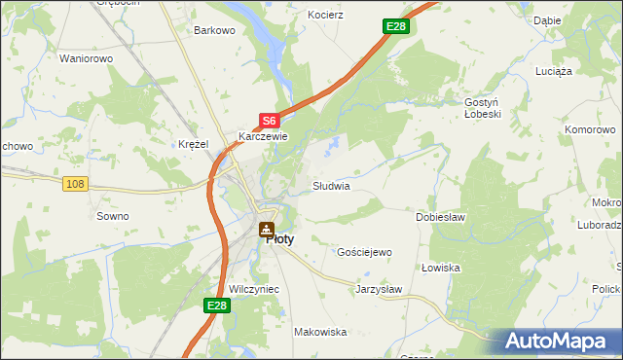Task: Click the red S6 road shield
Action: (x=270, y=121)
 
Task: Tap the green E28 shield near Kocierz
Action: (x=395, y=26)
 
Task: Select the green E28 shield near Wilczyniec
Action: (x=217, y=306)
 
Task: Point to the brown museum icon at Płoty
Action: (x=266, y=231)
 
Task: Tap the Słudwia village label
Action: (x=330, y=185)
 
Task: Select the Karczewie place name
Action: (x=260, y=137)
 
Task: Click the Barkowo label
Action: (x=215, y=30)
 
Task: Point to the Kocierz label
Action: (x=326, y=16)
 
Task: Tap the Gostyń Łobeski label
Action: (x=482, y=107)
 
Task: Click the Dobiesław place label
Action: (x=440, y=216)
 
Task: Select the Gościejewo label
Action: (x=363, y=252)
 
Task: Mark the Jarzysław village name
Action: (x=379, y=289)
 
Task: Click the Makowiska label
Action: (x=320, y=332)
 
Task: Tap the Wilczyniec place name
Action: (x=254, y=289)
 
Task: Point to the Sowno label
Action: (x=112, y=216)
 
